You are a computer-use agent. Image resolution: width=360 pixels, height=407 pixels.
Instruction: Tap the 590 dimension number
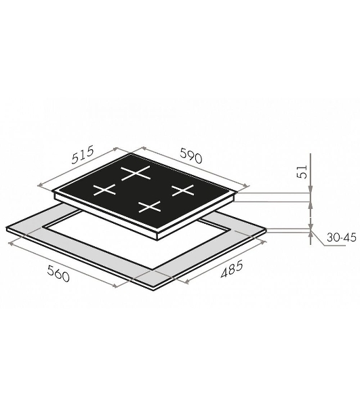tap(191, 156)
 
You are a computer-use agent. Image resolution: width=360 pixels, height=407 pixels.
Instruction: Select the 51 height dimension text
tap(302, 172)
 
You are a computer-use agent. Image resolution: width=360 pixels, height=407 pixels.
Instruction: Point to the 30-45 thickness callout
tap(341, 237)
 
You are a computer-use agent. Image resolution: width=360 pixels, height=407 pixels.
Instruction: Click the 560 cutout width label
tap(58, 274)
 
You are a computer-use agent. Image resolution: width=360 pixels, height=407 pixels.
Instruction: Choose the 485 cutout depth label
tap(231, 269)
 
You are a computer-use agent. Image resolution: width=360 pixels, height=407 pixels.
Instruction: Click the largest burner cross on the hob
tap(136, 172)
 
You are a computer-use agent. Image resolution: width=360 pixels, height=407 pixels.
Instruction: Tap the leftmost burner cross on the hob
tap(104, 189)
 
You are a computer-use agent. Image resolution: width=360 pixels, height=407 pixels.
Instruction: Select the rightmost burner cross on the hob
tap(183, 190)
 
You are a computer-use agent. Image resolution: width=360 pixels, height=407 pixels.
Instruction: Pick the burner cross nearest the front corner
tap(150, 207)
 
